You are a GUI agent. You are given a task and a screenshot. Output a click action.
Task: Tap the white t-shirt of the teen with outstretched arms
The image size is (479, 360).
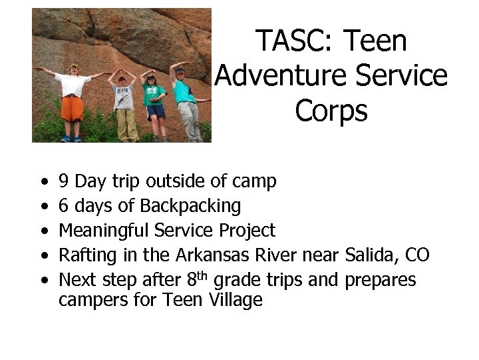(x=73, y=85)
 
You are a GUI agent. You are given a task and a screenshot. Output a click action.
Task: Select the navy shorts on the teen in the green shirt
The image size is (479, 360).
(x=155, y=111)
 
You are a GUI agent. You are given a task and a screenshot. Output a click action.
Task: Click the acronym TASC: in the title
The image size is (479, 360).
(x=296, y=41)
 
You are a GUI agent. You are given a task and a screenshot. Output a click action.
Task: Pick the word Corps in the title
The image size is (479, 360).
(x=331, y=111)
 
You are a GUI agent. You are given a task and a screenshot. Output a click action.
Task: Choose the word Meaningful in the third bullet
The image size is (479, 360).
(x=104, y=231)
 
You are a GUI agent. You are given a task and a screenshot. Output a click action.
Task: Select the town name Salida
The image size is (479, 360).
(x=367, y=255)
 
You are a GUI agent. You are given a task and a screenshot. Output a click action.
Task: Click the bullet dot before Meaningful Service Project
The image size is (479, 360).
(x=43, y=231)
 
